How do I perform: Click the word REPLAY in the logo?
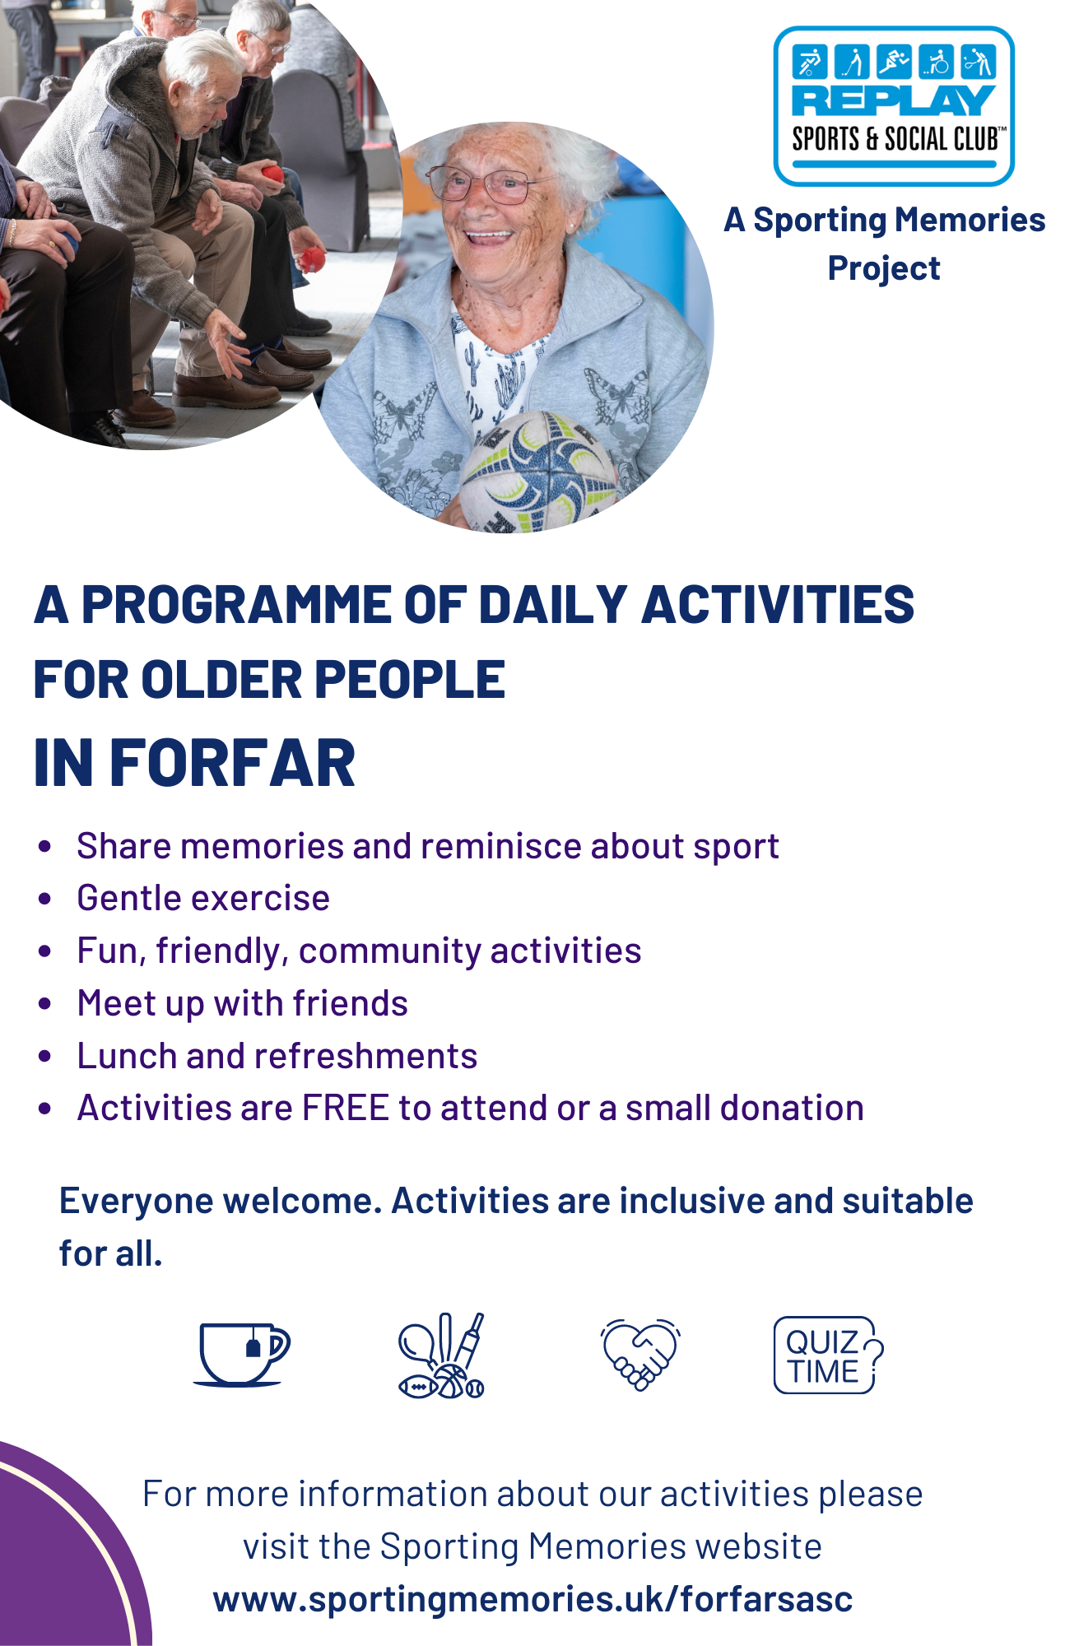coord(894,100)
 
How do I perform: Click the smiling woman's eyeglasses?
coord(488,182)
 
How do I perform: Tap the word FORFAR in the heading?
coord(232,763)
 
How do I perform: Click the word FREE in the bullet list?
coord(346,1108)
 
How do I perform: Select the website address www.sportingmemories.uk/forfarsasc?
coord(532,1599)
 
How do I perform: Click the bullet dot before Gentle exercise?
coord(45,899)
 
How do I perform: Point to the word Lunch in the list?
coord(127,1056)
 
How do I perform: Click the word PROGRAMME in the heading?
coord(235,605)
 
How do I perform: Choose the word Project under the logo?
coord(884,269)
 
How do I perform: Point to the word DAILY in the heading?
coord(553,605)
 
